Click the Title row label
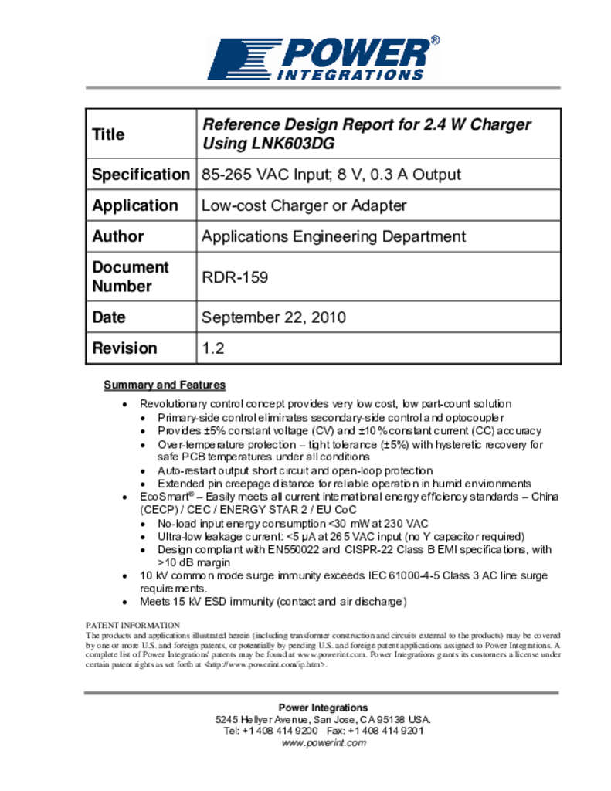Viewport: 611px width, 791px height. click(x=108, y=134)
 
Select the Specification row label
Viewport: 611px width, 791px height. click(x=141, y=175)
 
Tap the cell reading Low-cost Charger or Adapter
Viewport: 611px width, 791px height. click(x=304, y=205)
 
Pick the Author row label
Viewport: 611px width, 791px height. click(x=118, y=236)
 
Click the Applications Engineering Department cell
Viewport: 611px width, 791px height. click(x=334, y=236)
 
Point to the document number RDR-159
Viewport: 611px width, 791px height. click(x=235, y=277)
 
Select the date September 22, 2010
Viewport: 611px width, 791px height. click(x=273, y=317)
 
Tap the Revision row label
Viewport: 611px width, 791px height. click(x=124, y=348)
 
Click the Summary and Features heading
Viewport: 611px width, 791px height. click(x=165, y=385)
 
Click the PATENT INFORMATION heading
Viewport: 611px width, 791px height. click(x=133, y=625)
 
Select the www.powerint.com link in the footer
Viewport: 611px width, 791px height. click(x=323, y=743)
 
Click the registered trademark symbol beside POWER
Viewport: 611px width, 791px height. click(x=435, y=40)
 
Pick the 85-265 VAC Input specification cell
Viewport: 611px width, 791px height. click(x=331, y=175)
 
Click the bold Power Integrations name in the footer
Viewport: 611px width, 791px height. click(x=323, y=708)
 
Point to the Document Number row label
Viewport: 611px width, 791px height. click(x=130, y=277)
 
